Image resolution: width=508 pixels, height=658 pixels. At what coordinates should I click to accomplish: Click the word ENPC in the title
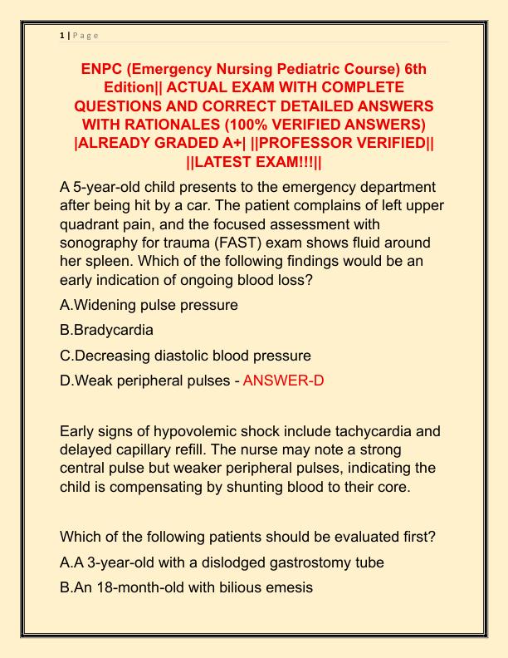(105, 68)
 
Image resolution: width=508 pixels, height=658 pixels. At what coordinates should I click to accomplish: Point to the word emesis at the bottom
(289, 587)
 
